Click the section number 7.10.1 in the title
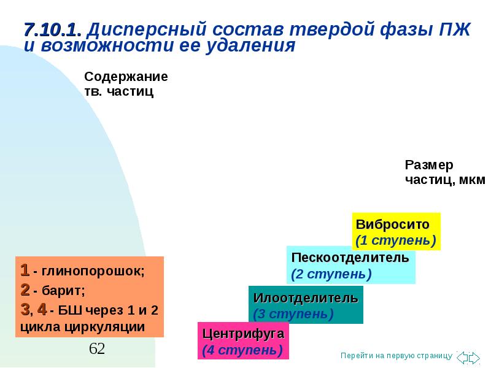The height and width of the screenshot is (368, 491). (53, 30)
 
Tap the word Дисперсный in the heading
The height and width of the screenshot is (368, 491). (147, 30)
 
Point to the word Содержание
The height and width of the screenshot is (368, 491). (126, 77)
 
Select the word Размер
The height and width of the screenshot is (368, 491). (428, 165)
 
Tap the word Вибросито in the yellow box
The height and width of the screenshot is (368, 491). (392, 224)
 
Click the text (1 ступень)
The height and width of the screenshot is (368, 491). (396, 240)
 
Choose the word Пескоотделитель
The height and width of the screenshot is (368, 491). (350, 258)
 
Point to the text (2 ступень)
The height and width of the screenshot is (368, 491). (331, 274)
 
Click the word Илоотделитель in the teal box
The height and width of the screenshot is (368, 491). (306, 298)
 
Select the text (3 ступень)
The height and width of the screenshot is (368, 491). (293, 314)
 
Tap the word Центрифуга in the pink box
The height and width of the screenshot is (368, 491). (243, 334)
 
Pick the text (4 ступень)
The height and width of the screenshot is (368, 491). (242, 350)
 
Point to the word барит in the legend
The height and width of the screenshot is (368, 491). (62, 291)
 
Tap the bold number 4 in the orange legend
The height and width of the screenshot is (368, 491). (42, 310)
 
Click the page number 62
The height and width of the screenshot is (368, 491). (97, 348)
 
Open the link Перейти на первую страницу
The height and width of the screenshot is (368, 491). (396, 356)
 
